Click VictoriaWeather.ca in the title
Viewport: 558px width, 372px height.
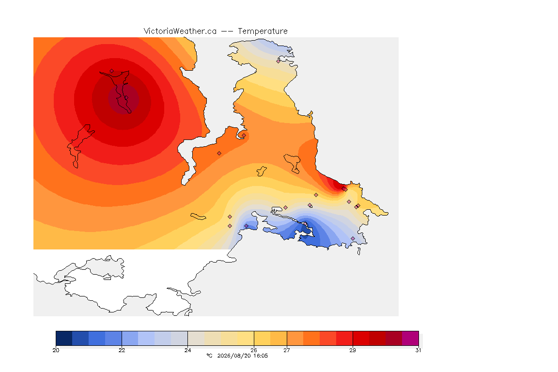tap(180, 31)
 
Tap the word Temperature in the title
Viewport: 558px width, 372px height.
tap(263, 31)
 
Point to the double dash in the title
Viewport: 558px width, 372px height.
tap(227, 31)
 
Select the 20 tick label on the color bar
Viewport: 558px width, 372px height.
tap(56, 350)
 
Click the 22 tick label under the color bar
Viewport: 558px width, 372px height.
tap(122, 350)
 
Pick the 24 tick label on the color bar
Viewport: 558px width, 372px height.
tap(187, 350)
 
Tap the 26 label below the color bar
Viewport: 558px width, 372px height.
tap(254, 350)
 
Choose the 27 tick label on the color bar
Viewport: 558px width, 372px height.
tap(287, 350)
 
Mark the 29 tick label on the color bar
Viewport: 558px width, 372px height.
tap(353, 350)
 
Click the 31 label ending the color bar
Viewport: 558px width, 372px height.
tap(418, 350)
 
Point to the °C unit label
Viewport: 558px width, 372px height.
tap(209, 356)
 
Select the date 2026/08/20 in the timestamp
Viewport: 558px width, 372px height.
tap(234, 356)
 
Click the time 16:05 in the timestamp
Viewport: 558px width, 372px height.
tap(261, 356)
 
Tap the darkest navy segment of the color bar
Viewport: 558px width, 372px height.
tap(64, 338)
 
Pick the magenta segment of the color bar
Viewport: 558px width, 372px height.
tap(410, 338)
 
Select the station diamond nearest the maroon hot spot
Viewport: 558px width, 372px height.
tap(112, 71)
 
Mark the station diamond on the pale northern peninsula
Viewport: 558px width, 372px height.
tap(279, 61)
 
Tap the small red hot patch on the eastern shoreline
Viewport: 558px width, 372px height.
tap(335, 185)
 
